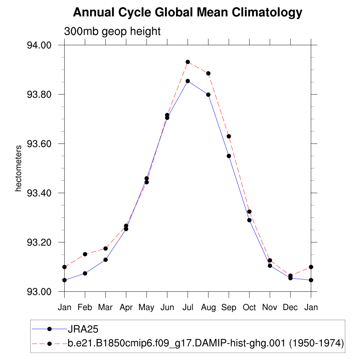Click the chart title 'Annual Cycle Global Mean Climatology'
pos(187,13)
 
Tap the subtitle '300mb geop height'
pos(112,31)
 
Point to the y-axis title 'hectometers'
pos(19,168)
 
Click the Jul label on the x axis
pos(188,308)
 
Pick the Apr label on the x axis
pos(126,308)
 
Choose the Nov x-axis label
pos(270,308)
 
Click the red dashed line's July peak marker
pos(188,62)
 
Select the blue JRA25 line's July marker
pos(188,81)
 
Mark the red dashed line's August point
pos(208,73)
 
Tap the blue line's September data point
pos(229,156)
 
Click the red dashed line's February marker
pos(85,254)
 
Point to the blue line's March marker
pos(105,259)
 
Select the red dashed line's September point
pos(229,136)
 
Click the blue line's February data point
pos(85,273)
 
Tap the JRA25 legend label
pos(83,329)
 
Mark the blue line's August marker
pos(208,95)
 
